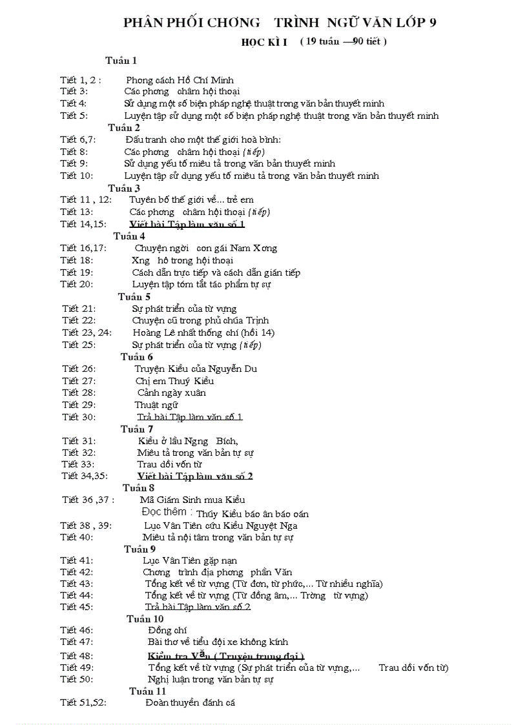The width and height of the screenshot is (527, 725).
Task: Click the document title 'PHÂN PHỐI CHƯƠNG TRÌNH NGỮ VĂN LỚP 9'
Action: click(280, 23)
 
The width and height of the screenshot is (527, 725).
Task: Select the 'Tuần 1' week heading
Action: click(121, 61)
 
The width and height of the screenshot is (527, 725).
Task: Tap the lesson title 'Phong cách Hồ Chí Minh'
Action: click(180, 80)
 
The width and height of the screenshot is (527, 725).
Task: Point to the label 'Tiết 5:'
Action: click(74, 116)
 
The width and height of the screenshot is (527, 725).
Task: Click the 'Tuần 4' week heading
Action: click(129, 236)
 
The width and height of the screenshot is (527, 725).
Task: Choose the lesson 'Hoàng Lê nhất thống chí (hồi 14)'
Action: click(203, 332)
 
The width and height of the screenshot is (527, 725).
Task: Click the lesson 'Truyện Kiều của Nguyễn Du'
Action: click(196, 369)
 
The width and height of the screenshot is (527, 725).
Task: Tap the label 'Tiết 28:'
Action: click(79, 393)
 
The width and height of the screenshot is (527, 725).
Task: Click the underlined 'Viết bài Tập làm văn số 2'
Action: click(195, 476)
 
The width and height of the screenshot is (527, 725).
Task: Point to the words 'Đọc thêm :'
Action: click(167, 512)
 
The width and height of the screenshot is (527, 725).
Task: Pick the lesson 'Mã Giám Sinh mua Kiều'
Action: click(192, 500)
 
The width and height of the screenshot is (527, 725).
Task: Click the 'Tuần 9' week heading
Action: click(139, 549)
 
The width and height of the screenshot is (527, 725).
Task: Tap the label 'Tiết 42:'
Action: click(77, 572)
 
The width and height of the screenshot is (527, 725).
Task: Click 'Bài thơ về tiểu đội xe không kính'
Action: click(218, 642)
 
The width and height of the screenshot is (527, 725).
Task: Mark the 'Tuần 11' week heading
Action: click(147, 691)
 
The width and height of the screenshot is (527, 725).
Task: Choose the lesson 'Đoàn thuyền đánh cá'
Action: click(190, 702)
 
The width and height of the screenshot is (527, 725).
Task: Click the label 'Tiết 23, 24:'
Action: click(87, 332)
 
